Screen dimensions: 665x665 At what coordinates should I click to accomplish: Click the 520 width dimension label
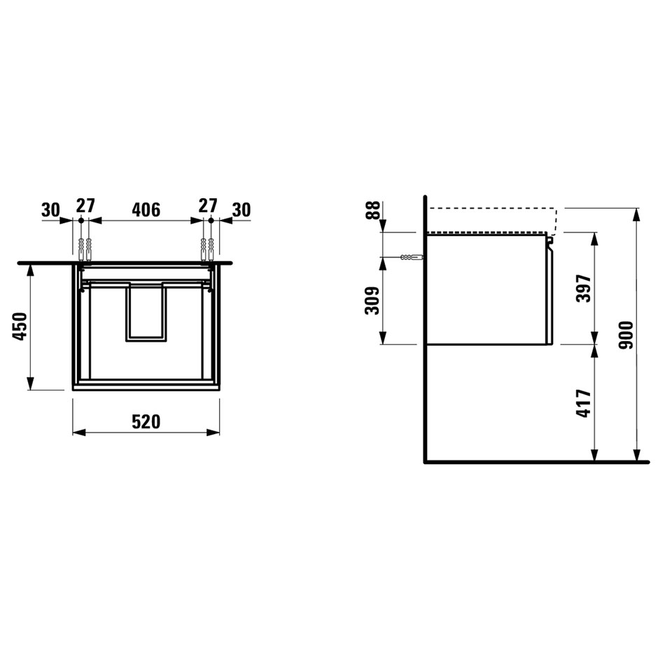[146, 422]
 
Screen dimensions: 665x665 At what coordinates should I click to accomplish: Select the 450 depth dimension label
[20, 326]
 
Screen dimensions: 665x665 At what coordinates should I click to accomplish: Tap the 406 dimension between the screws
[146, 209]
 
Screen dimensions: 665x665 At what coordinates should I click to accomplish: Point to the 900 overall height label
[626, 335]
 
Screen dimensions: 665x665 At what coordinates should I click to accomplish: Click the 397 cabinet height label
[584, 288]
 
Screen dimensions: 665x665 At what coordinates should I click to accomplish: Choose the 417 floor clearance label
[584, 403]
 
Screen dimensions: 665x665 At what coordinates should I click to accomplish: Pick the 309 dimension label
[372, 301]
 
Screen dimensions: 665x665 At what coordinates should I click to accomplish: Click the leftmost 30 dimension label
[51, 209]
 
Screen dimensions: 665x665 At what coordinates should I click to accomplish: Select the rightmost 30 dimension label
[241, 209]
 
